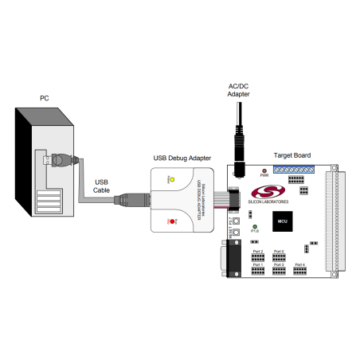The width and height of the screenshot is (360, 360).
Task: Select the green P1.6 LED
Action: point(254,228)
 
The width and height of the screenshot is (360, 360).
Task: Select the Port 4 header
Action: point(300,271)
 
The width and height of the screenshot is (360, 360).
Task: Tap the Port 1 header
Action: point(257,272)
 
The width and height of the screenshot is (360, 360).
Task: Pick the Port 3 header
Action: point(279,272)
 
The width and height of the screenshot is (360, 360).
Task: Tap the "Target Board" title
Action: point(292,155)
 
